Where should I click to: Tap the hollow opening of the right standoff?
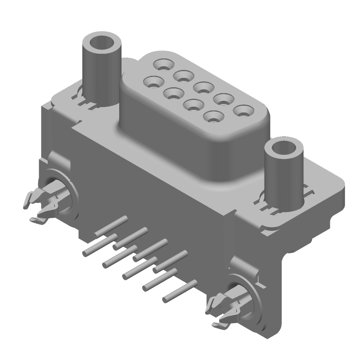(284, 148)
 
